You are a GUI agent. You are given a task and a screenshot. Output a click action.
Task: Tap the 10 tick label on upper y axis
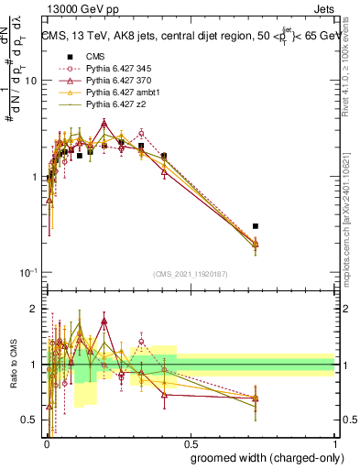30,82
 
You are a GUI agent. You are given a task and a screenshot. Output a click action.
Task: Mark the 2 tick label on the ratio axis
33,309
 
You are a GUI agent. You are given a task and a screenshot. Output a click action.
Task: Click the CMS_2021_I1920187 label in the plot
189,274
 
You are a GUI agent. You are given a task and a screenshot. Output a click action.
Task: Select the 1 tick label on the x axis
333,442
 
